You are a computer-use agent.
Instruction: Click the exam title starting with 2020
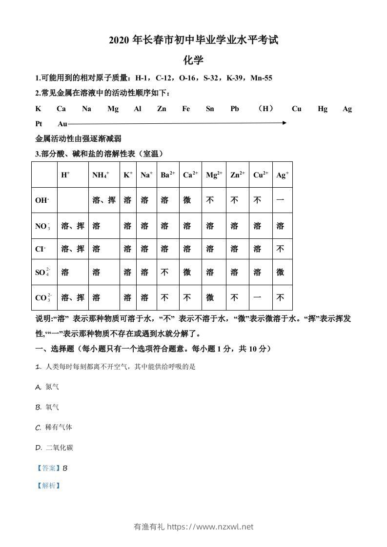pos(193,40)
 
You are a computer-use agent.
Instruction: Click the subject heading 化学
pos(193,60)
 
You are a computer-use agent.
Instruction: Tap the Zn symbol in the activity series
pos(162,109)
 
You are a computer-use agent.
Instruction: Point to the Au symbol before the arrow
pos(62,124)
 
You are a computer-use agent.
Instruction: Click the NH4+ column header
pos(101,175)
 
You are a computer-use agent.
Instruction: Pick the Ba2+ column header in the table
pos(168,175)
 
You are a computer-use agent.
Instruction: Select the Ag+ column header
pos(282,175)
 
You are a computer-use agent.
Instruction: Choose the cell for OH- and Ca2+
pos(187,200)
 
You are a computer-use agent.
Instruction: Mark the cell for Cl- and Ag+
pos(280,249)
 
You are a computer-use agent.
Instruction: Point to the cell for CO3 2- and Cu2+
pos(258,297)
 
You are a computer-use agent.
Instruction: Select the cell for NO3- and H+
pos(73,226)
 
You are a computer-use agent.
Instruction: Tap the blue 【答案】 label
pos(48,468)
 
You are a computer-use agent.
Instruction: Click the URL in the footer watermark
pos(210,527)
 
